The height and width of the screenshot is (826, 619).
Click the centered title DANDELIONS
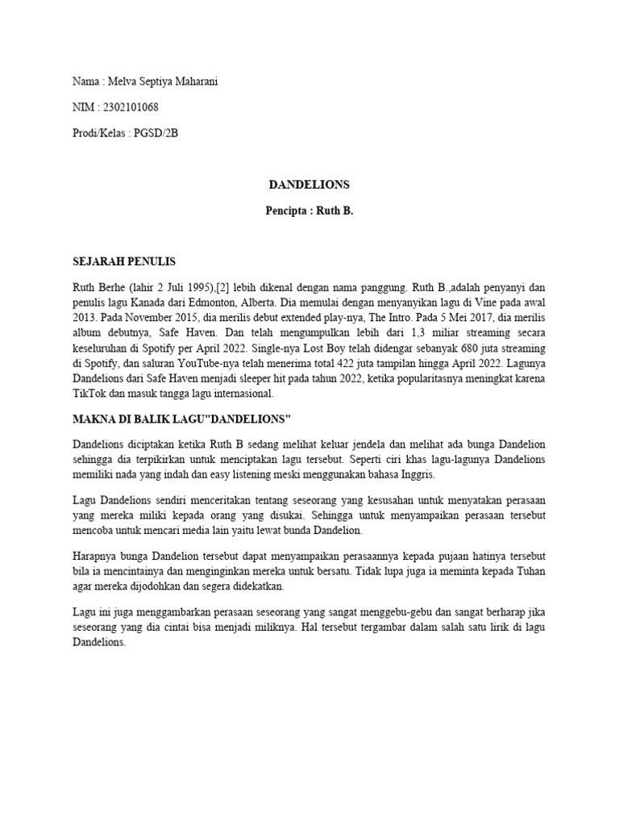click(309, 185)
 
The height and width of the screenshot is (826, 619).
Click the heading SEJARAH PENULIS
click(123, 262)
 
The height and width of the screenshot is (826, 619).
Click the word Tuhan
click(526, 573)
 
